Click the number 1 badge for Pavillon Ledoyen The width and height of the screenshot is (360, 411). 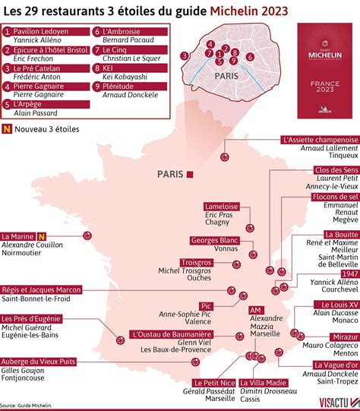[x=7, y=32]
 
